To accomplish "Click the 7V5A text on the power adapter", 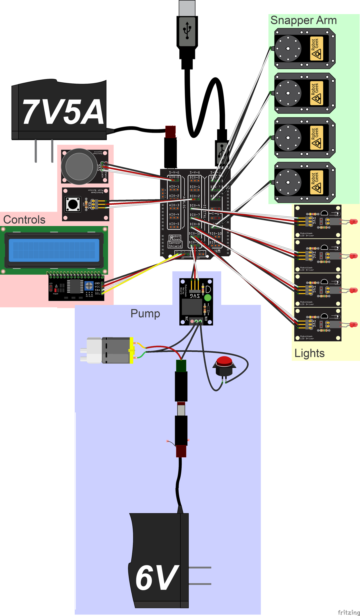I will tap(63, 112).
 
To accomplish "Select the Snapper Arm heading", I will tap(303, 20).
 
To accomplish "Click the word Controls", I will tap(24, 220).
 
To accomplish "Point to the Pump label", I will tap(145, 313).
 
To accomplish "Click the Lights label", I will tap(309, 353).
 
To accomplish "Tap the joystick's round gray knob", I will tap(79, 167).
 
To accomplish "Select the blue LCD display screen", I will tap(54, 250).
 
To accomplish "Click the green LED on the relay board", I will tap(208, 298).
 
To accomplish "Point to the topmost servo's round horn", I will tap(288, 49).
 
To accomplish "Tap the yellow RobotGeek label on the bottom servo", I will tap(316, 182).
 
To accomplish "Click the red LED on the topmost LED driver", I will tap(354, 221).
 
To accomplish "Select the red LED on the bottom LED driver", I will tap(354, 325).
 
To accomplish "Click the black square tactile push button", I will tap(73, 204).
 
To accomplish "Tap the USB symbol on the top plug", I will tap(187, 30).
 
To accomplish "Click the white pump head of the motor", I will tap(94, 350).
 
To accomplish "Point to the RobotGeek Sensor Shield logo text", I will tap(175, 241).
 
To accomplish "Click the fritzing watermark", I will tap(348, 612).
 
